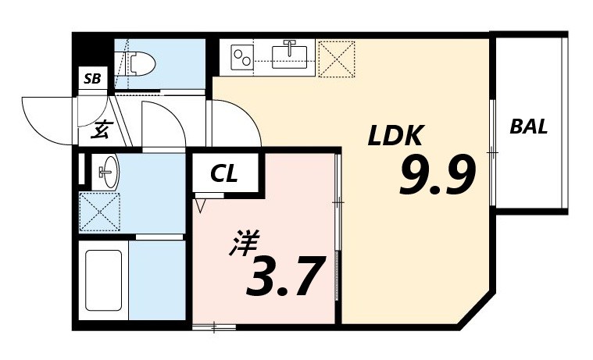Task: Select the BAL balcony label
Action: click(529, 126)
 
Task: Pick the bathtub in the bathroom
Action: click(102, 280)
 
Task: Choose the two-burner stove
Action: click(245, 56)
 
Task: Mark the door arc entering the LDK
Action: click(238, 121)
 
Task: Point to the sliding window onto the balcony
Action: click(493, 152)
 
